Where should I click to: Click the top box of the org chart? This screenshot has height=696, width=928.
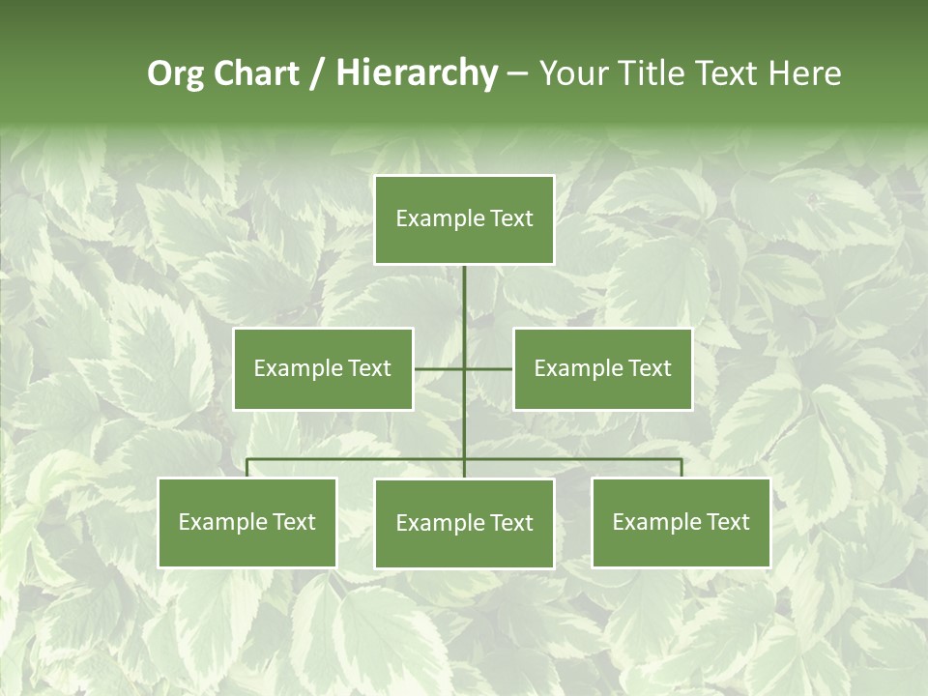(x=464, y=219)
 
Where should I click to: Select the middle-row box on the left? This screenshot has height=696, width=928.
(x=323, y=368)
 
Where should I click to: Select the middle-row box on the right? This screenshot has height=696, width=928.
(x=602, y=368)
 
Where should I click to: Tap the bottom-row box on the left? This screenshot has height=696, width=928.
(x=247, y=522)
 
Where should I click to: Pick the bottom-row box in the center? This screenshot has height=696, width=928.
(x=464, y=523)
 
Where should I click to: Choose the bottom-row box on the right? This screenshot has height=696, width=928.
(x=681, y=522)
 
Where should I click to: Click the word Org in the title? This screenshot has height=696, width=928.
(x=176, y=73)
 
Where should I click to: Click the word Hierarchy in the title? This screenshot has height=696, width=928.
(x=417, y=73)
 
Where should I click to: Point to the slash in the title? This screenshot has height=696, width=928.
(x=317, y=73)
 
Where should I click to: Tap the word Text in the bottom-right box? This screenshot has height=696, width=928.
(x=728, y=522)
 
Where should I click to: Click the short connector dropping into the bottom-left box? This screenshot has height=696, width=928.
(x=247, y=468)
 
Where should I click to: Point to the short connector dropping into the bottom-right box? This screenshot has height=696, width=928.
(x=681, y=468)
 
